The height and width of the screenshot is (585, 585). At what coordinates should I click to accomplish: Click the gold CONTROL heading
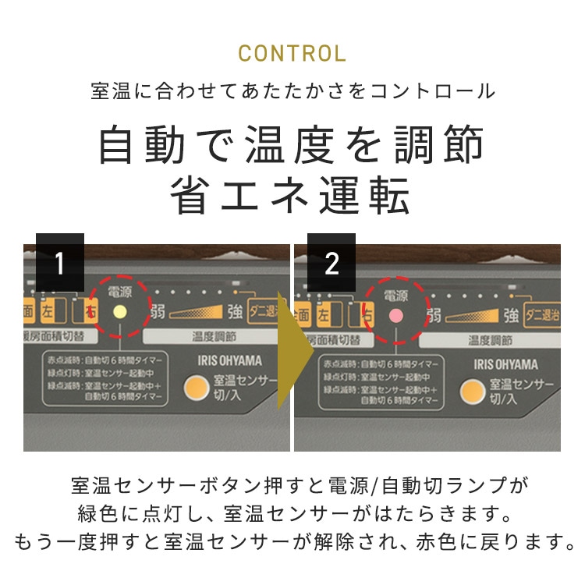pos(292,53)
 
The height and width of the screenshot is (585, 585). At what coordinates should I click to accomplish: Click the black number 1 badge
pos(59,263)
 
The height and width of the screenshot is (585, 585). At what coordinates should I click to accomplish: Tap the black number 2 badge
pos(331,263)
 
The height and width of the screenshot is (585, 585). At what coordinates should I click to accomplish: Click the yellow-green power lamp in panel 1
pos(119,311)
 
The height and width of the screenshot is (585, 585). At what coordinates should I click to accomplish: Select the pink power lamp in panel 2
pos(395,314)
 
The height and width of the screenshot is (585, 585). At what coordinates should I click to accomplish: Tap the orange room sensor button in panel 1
pos(193,386)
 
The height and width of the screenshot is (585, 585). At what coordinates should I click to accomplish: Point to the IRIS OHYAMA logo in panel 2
pos(505,363)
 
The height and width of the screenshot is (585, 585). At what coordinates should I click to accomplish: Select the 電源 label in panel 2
pos(395,296)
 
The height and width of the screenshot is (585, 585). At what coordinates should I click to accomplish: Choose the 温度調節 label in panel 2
pos(490,340)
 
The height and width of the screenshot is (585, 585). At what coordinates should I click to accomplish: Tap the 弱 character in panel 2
pos(434,316)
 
